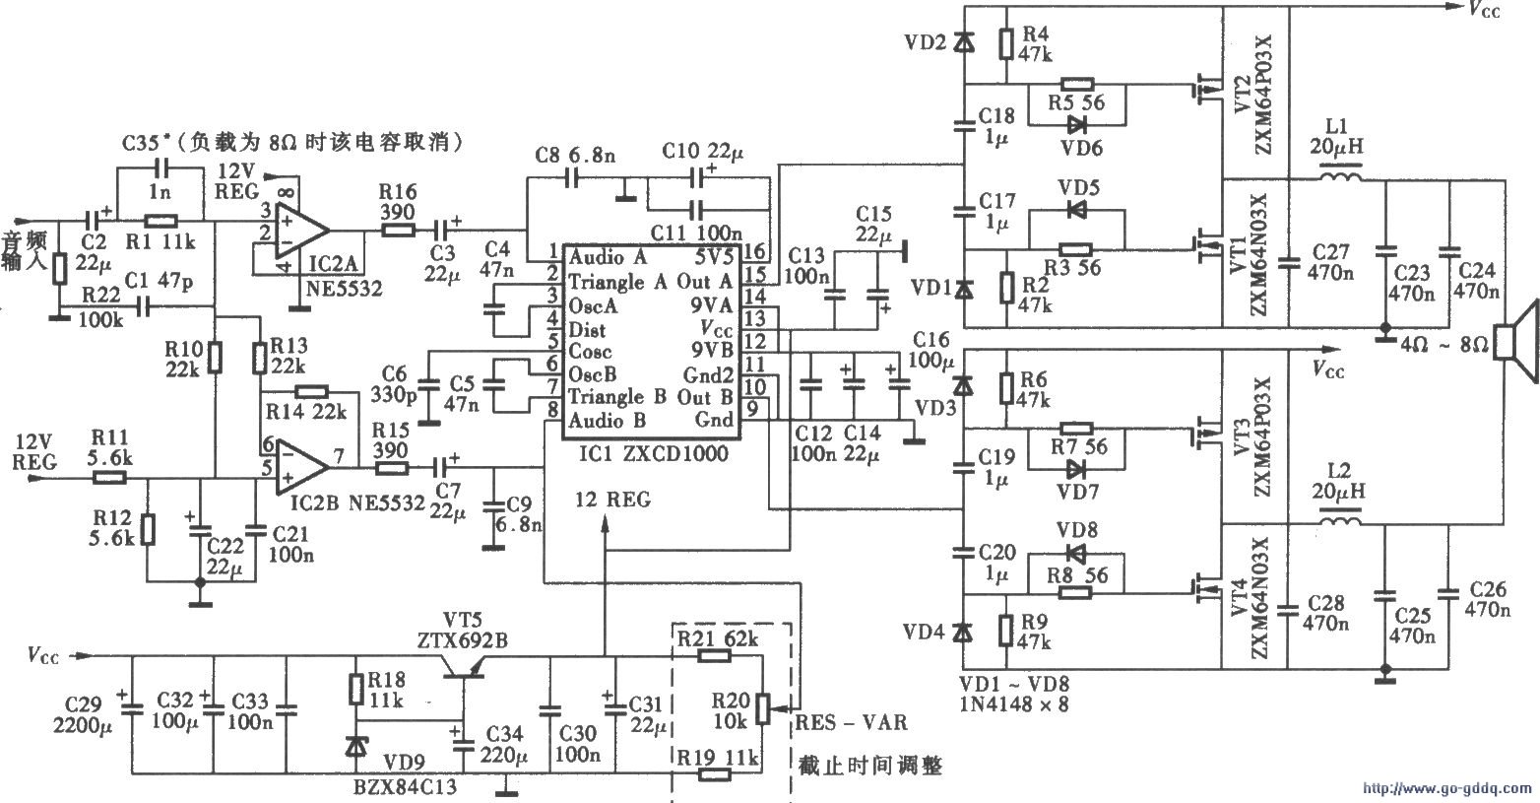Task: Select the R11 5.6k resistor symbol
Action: tap(110, 478)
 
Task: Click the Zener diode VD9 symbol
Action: tap(355, 746)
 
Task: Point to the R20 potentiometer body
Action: tap(760, 706)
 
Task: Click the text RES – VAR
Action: tap(851, 723)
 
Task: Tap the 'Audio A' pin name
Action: tap(608, 257)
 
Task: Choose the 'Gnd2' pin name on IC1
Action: tap(709, 374)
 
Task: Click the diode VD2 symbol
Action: tap(964, 42)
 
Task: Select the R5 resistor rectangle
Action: tap(1076, 85)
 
